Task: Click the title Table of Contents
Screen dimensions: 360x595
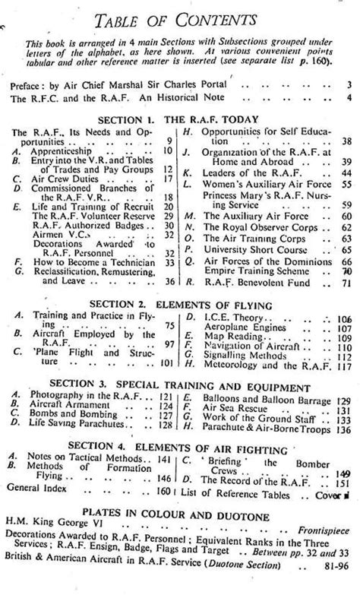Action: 179,17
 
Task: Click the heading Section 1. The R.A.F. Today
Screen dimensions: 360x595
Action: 183,119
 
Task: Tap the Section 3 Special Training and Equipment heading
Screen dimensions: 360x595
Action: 183,385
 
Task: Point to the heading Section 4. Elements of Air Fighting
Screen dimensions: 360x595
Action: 183,445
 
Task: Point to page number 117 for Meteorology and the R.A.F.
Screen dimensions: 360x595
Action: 342,365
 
